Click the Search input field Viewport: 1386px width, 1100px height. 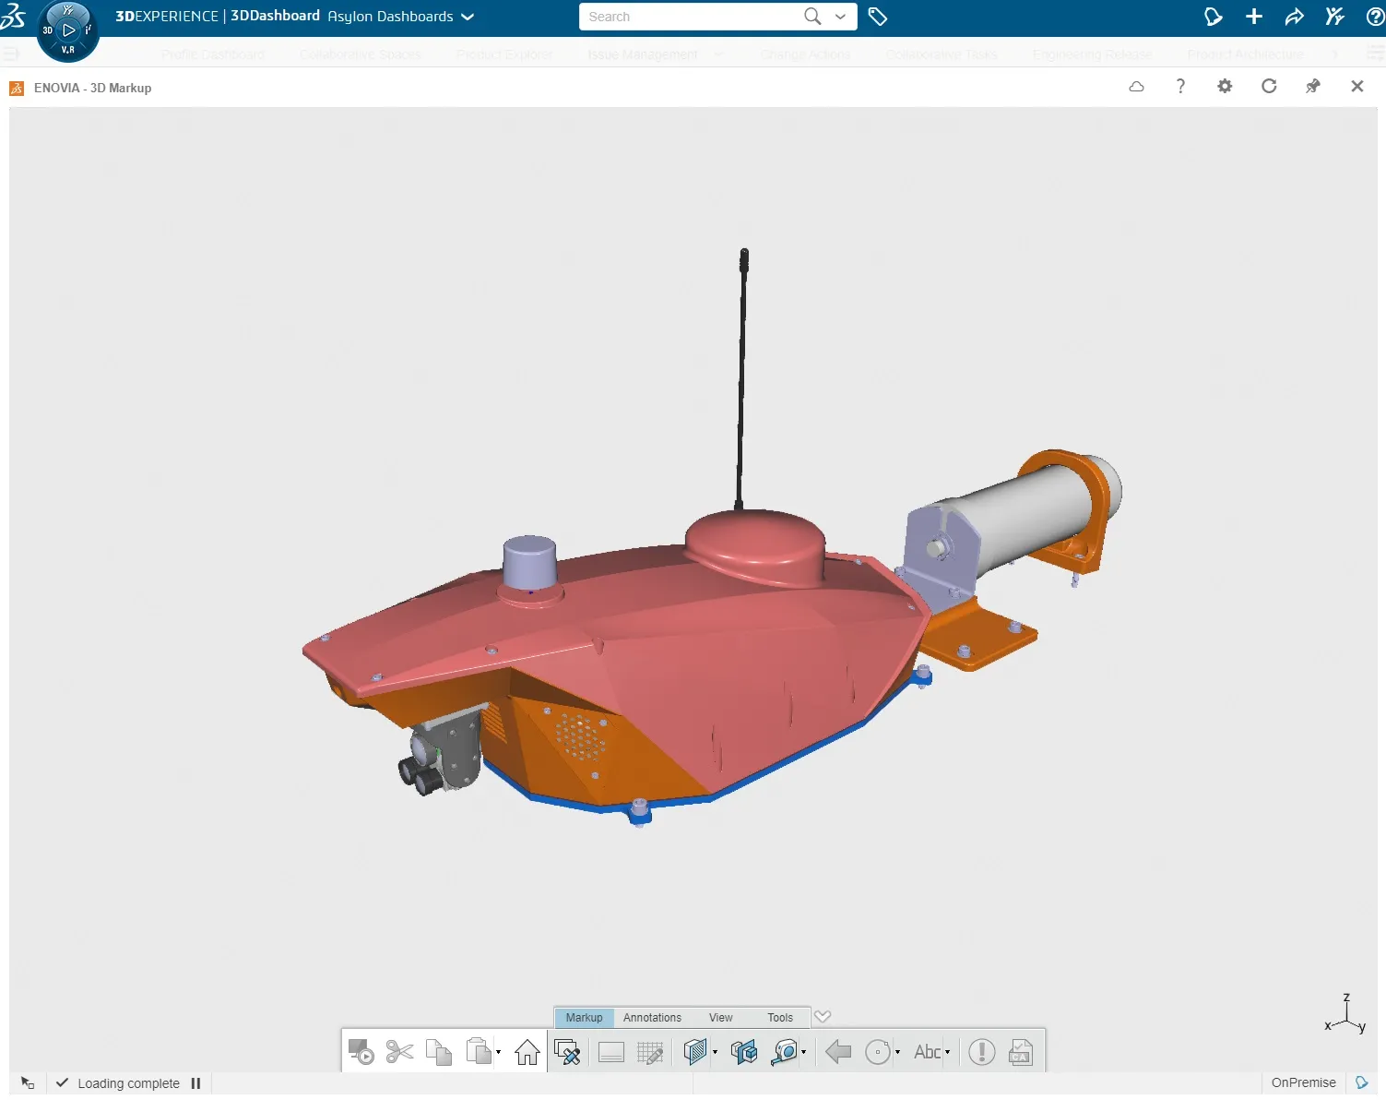coord(692,17)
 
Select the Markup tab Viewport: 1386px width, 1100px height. coord(584,1017)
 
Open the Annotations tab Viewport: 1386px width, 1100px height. coord(652,1017)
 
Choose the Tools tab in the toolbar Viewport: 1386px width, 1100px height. coord(780,1017)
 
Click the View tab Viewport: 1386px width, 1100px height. coord(720,1017)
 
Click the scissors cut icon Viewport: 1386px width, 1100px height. coord(399,1052)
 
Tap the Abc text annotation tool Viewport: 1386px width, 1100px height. coord(927,1052)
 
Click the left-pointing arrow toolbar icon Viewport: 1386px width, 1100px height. coord(838,1052)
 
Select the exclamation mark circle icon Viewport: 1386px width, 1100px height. coord(981,1052)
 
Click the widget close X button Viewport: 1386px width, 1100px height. coord(1356,86)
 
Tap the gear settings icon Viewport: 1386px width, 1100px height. coord(1225,86)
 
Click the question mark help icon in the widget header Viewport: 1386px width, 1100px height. coord(1180,86)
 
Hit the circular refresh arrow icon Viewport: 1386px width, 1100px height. coord(1269,86)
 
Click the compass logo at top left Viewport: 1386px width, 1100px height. coord(67,30)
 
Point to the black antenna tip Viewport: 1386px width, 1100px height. coord(744,254)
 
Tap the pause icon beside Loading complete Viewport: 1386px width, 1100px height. coord(195,1083)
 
